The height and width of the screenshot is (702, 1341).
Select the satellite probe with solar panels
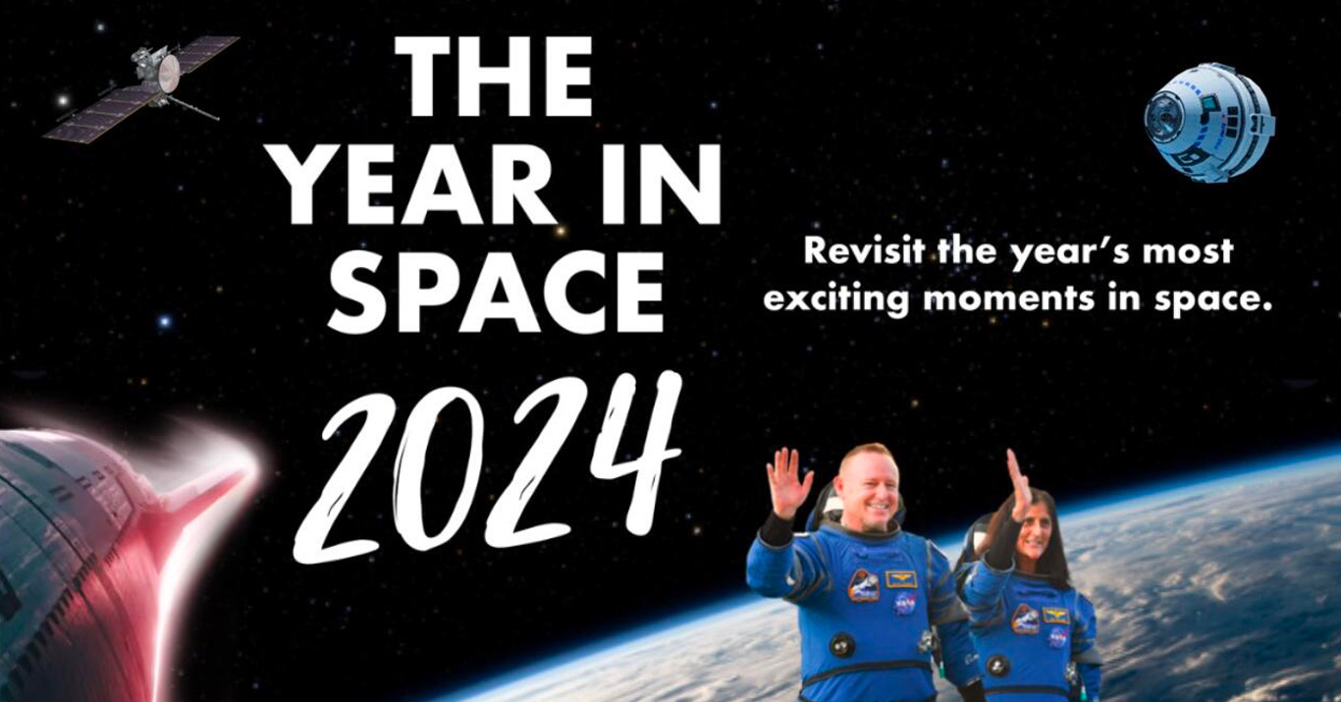point(141,88)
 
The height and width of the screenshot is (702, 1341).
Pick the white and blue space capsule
point(1209,125)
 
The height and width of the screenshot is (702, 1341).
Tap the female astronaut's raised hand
point(1018,485)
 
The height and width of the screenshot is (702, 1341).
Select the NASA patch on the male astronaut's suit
point(904,605)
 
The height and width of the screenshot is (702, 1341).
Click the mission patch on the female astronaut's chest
point(1025,620)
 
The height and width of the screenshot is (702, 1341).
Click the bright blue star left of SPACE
point(165,321)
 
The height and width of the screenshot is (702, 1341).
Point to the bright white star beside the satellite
point(62,100)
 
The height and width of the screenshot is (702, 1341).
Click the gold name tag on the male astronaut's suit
point(901,579)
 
